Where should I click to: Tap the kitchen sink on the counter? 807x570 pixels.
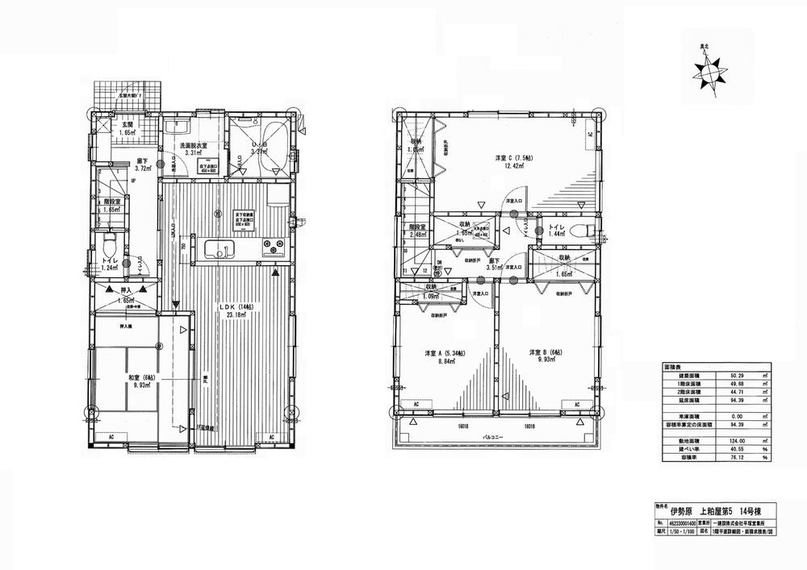tap(218, 248)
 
